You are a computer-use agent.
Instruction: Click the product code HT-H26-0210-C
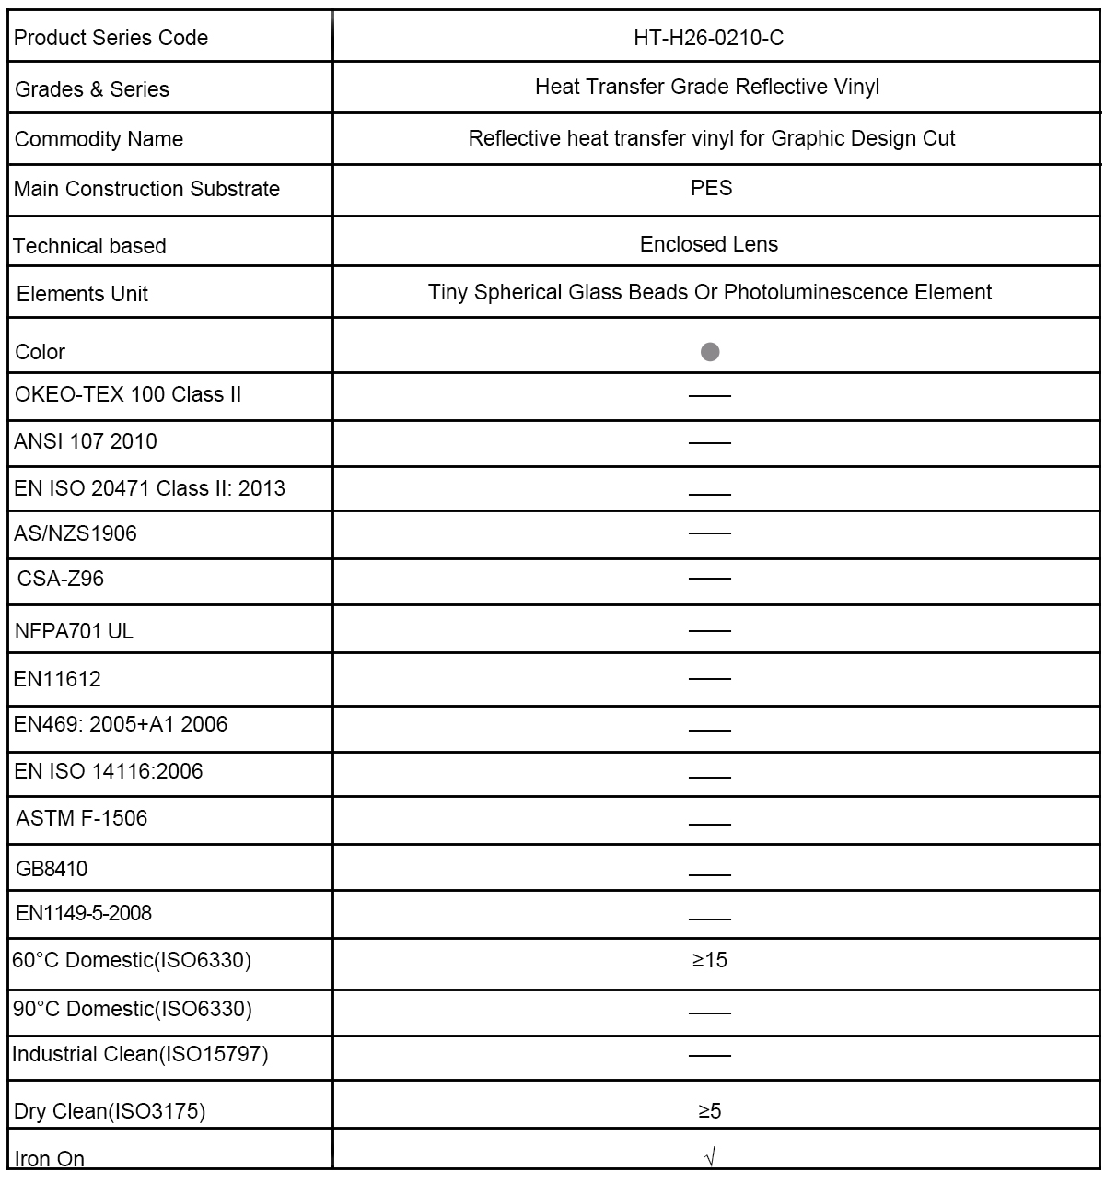[x=709, y=38]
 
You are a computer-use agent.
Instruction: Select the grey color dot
[x=710, y=352]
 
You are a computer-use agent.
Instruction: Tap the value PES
[x=711, y=188]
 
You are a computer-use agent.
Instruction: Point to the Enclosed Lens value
[x=709, y=244]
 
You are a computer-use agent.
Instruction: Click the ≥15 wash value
[x=709, y=960]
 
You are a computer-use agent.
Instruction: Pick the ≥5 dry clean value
[x=709, y=1111]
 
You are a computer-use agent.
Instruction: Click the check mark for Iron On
[x=709, y=1157]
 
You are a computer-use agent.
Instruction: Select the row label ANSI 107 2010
[x=86, y=441]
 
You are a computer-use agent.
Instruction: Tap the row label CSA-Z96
[x=61, y=579]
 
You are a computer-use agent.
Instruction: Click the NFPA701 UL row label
[x=75, y=631]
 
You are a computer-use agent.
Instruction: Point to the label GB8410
[x=52, y=868]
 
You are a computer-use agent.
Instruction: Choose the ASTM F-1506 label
[x=82, y=818]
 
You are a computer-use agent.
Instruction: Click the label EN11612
[x=58, y=679]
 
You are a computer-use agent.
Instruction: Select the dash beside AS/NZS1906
[x=709, y=533]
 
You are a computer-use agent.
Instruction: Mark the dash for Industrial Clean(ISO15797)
[x=709, y=1056]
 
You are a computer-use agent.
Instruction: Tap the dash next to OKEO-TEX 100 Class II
[x=709, y=396]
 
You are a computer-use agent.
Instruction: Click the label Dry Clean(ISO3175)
[x=110, y=1111]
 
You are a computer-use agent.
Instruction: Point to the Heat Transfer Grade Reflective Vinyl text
[x=707, y=87]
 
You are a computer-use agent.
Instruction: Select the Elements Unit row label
[x=83, y=294]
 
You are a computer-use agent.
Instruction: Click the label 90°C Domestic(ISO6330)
[x=132, y=1009]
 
